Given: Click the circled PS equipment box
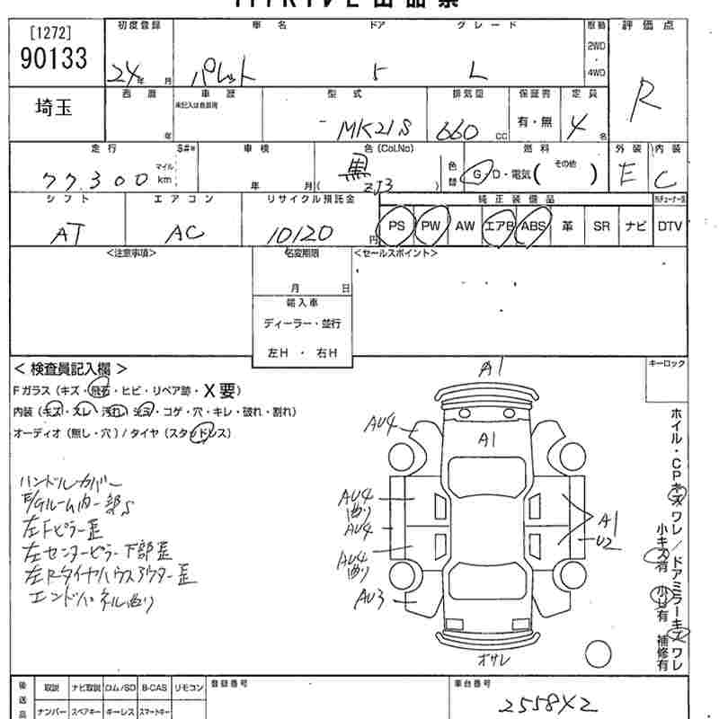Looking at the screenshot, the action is coord(396,226).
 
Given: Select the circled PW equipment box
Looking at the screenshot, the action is coord(431,226).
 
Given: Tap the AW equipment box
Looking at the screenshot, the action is coord(465,226).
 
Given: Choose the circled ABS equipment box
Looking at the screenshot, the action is coord(534,226).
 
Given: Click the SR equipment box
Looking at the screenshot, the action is coord(601,226).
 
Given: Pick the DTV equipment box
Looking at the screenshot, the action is coord(670,226).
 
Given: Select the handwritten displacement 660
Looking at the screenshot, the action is coord(458,130).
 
